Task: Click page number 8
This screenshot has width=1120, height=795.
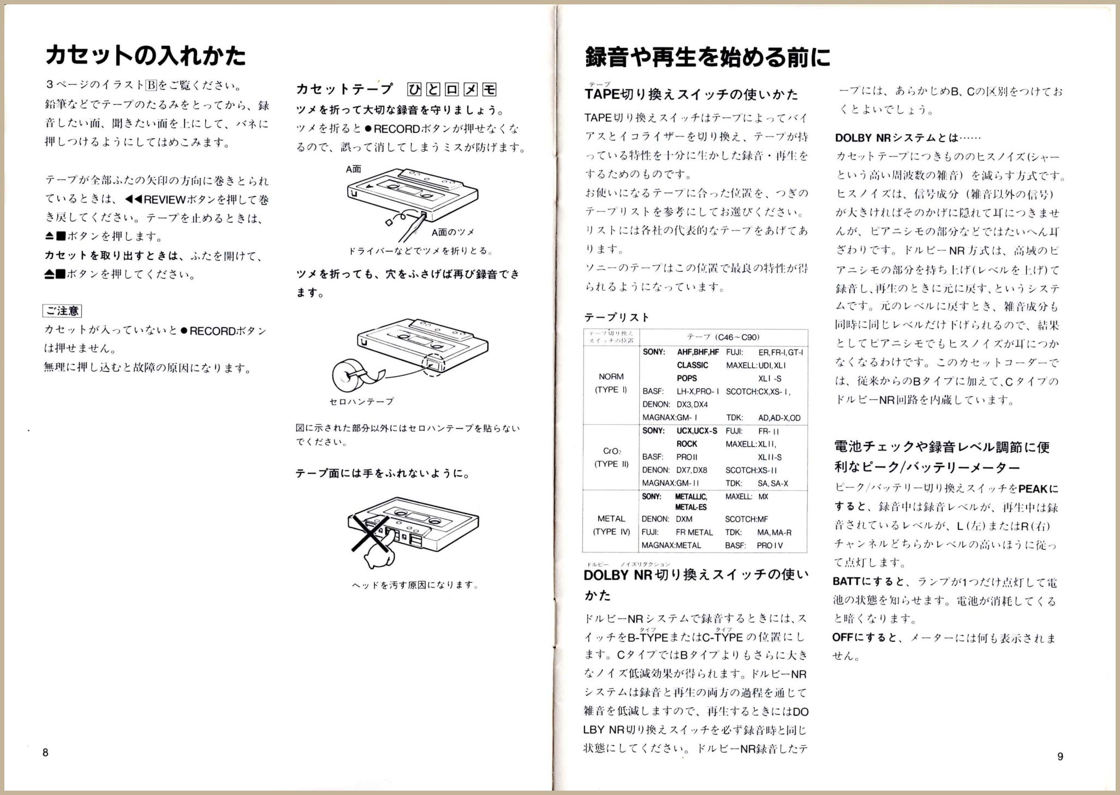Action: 45,752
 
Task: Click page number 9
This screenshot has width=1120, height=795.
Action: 1060,756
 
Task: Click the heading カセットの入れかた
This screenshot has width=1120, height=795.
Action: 145,56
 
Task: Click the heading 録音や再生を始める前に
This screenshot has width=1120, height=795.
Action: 707,57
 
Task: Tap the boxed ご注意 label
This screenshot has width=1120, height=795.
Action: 62,311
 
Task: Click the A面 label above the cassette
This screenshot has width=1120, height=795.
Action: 353,169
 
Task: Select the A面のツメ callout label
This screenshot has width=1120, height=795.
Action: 452,232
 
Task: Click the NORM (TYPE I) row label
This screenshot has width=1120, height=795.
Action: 611,383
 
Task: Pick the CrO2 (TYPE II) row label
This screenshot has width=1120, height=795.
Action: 611,458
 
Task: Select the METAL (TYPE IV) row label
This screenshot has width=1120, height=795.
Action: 611,525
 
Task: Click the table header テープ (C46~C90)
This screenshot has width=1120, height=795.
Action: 723,337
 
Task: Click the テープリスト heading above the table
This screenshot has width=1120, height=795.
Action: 617,317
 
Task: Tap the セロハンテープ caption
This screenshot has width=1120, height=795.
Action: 361,401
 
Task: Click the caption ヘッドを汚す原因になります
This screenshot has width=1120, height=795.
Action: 415,585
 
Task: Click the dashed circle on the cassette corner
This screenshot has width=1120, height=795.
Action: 434,362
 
